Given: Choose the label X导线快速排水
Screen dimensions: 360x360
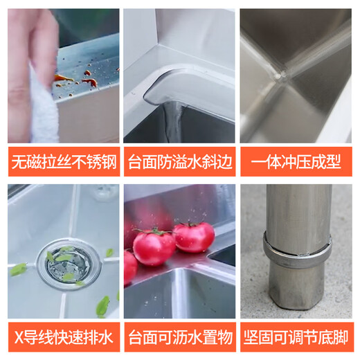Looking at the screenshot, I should coord(62,337).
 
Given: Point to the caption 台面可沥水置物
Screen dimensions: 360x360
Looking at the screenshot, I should coord(179,337).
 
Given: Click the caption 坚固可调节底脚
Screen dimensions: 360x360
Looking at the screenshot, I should coord(296,337).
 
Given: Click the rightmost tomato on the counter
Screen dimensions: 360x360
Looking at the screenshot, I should coord(194,237).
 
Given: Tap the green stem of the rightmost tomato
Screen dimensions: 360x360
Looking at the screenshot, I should coord(190,224).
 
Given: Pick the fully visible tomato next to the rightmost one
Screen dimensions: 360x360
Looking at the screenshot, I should coord(154,246).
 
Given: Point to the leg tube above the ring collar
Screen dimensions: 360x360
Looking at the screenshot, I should coord(296,208).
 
